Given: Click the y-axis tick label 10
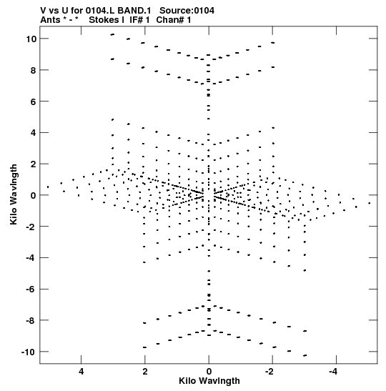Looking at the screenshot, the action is tap(31, 39).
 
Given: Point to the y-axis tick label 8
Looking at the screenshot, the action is tap(34, 70).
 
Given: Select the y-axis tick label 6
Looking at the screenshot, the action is tap(34, 102).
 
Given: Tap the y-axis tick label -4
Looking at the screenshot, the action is tap(31, 257).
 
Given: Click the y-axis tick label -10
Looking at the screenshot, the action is tap(29, 352).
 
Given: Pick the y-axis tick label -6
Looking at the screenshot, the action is tap(31, 289).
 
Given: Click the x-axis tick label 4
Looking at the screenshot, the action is tap(81, 372).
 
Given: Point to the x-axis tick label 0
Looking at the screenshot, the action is tap(209, 372).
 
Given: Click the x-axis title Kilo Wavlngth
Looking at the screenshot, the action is tap(209, 381).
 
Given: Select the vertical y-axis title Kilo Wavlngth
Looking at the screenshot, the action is tap(14, 194).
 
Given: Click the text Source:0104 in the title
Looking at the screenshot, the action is tap(187, 11).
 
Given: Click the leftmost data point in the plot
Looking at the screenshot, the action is tap(48, 187).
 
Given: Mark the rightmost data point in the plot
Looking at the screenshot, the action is tap(370, 203).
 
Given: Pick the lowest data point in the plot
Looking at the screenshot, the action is tap(305, 355).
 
